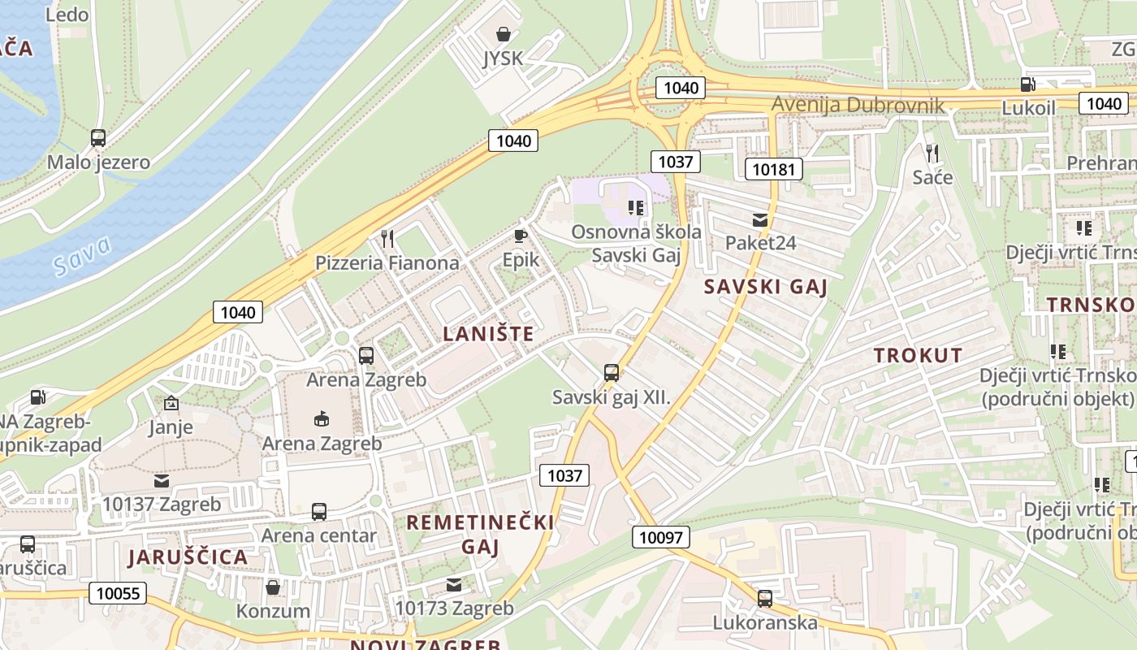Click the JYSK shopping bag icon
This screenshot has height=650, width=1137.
(504, 34)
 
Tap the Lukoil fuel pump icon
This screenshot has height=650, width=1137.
(1027, 84)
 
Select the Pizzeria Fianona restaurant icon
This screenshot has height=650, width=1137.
(387, 238)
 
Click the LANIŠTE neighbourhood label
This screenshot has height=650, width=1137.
(489, 333)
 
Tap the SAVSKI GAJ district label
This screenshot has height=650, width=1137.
(765, 286)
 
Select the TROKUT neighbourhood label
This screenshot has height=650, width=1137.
(918, 355)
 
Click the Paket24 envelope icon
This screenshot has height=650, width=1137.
(760, 219)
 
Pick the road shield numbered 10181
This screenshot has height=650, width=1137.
(774, 168)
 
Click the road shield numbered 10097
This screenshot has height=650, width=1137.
(661, 536)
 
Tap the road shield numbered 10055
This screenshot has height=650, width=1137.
(118, 592)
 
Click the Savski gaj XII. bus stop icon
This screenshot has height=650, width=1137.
(612, 373)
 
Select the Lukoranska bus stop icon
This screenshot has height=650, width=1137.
(765, 599)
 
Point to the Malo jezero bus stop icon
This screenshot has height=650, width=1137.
(98, 138)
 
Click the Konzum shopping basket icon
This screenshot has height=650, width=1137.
(273, 587)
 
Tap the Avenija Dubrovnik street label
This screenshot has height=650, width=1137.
(858, 105)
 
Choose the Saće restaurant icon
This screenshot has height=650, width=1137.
(932, 152)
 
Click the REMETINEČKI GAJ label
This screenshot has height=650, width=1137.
(480, 534)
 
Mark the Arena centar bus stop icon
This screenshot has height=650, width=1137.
(319, 512)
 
